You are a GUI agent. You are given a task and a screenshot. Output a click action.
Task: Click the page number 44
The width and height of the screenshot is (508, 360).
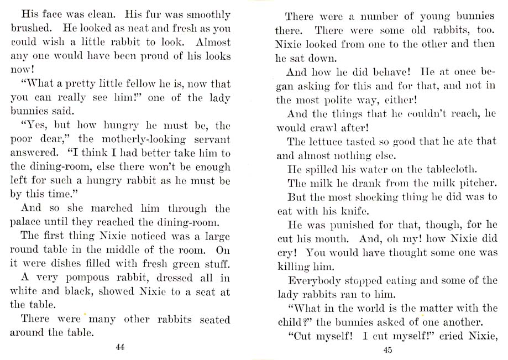click(120, 347)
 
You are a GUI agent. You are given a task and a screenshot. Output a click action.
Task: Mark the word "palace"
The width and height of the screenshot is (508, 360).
click(28, 223)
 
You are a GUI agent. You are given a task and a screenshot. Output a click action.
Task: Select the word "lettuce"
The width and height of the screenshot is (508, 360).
click(322, 141)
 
